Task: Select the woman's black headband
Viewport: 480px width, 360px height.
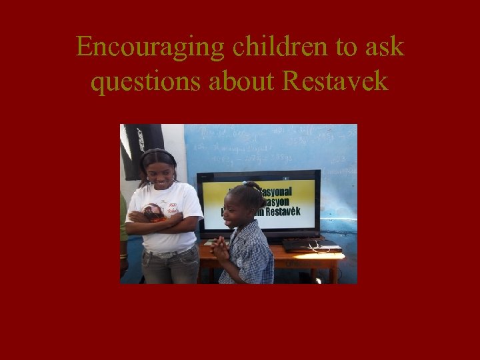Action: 158,154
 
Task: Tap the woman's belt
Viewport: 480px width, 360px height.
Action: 163,253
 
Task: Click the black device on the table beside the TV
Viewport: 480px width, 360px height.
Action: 311,245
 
